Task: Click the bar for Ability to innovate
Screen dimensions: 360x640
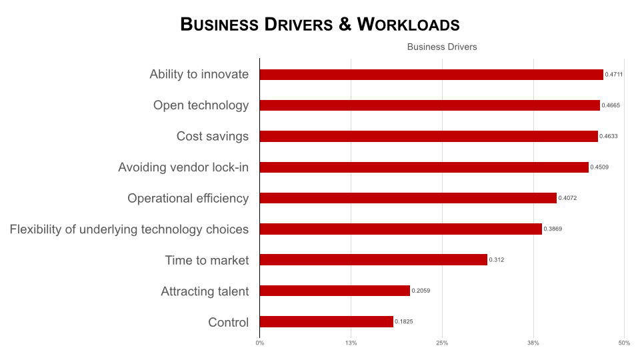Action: pos(431,75)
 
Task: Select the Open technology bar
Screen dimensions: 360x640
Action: pos(429,105)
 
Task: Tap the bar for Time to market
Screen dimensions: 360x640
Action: pos(373,260)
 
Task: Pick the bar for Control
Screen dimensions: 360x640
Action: pos(326,322)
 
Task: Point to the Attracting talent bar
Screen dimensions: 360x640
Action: pos(335,291)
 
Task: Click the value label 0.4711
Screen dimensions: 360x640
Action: pos(614,75)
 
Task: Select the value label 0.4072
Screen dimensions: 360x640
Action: pos(567,198)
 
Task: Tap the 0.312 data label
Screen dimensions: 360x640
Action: pos(497,260)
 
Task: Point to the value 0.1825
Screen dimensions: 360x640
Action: pos(404,322)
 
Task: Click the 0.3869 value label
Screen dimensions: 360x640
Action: pos(553,229)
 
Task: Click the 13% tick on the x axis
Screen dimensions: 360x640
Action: pos(351,343)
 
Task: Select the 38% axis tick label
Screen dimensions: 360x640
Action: pos(533,343)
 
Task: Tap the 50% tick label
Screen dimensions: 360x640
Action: pos(624,343)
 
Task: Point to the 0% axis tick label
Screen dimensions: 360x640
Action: pos(259,343)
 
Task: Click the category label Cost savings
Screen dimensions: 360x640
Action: pos(213,137)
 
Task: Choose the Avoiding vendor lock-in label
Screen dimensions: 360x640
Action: pos(183,167)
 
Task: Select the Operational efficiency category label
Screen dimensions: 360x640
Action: pos(188,198)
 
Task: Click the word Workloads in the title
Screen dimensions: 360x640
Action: pos(409,25)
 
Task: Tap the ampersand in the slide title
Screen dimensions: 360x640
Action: pos(345,25)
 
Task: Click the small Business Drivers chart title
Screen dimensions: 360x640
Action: pos(442,47)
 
